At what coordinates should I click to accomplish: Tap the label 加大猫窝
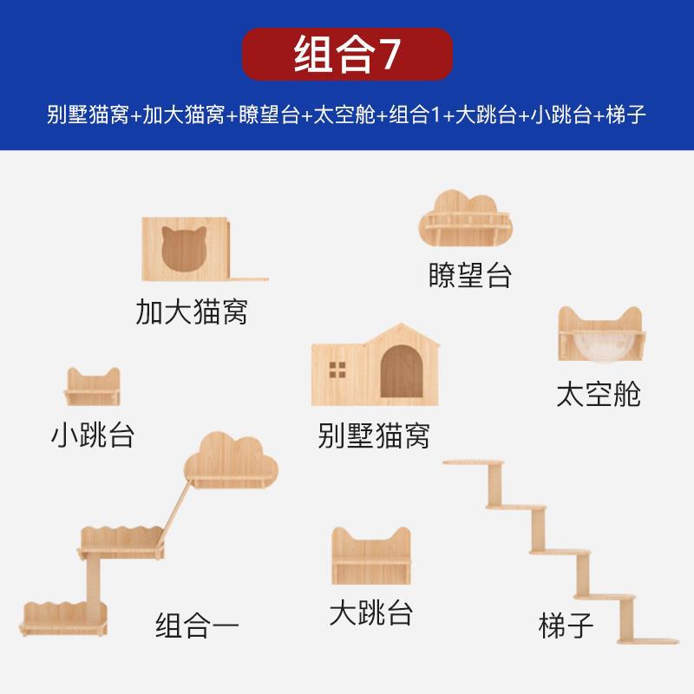[x=191, y=311]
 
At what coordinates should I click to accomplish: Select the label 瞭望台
[x=469, y=275]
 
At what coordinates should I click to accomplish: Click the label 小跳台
[x=92, y=433]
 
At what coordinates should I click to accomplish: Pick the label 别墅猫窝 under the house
[x=374, y=434]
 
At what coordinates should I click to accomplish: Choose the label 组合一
[x=197, y=624]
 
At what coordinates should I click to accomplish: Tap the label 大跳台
[x=370, y=612]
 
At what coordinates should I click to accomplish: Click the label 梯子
[x=565, y=625]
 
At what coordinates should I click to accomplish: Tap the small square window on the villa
[x=337, y=367]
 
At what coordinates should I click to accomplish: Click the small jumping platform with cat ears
[x=92, y=387]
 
